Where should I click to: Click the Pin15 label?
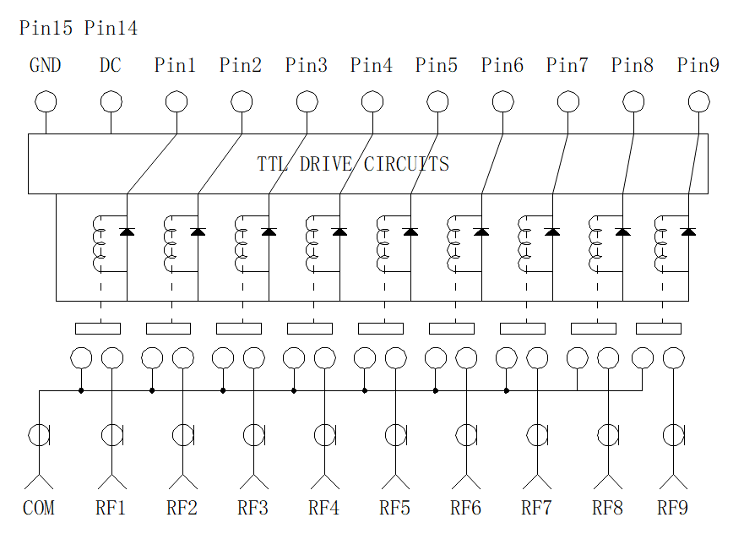pos(46,28)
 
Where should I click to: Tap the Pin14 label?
pos(111,28)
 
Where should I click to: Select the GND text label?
pos(45,65)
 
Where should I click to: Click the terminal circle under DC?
pos(111,101)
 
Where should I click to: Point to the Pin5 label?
pos(437,65)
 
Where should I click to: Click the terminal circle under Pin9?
pos(699,101)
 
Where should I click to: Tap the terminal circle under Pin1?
pos(176,101)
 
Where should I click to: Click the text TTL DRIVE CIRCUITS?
pos(353,164)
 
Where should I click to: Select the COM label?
pos(39,508)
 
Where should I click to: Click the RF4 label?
pos(324,508)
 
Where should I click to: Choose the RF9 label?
pos(672,508)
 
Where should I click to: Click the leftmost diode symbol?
pos(127,231)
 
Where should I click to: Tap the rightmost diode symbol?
pos(688,231)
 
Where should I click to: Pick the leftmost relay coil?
pos(98,244)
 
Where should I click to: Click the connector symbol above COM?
pos(40,435)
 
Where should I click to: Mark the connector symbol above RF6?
pos(466,435)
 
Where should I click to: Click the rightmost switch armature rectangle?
pos(659,329)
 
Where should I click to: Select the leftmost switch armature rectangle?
pos(98,329)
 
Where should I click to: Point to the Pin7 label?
pos(567,65)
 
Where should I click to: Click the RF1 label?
pos(111,508)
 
